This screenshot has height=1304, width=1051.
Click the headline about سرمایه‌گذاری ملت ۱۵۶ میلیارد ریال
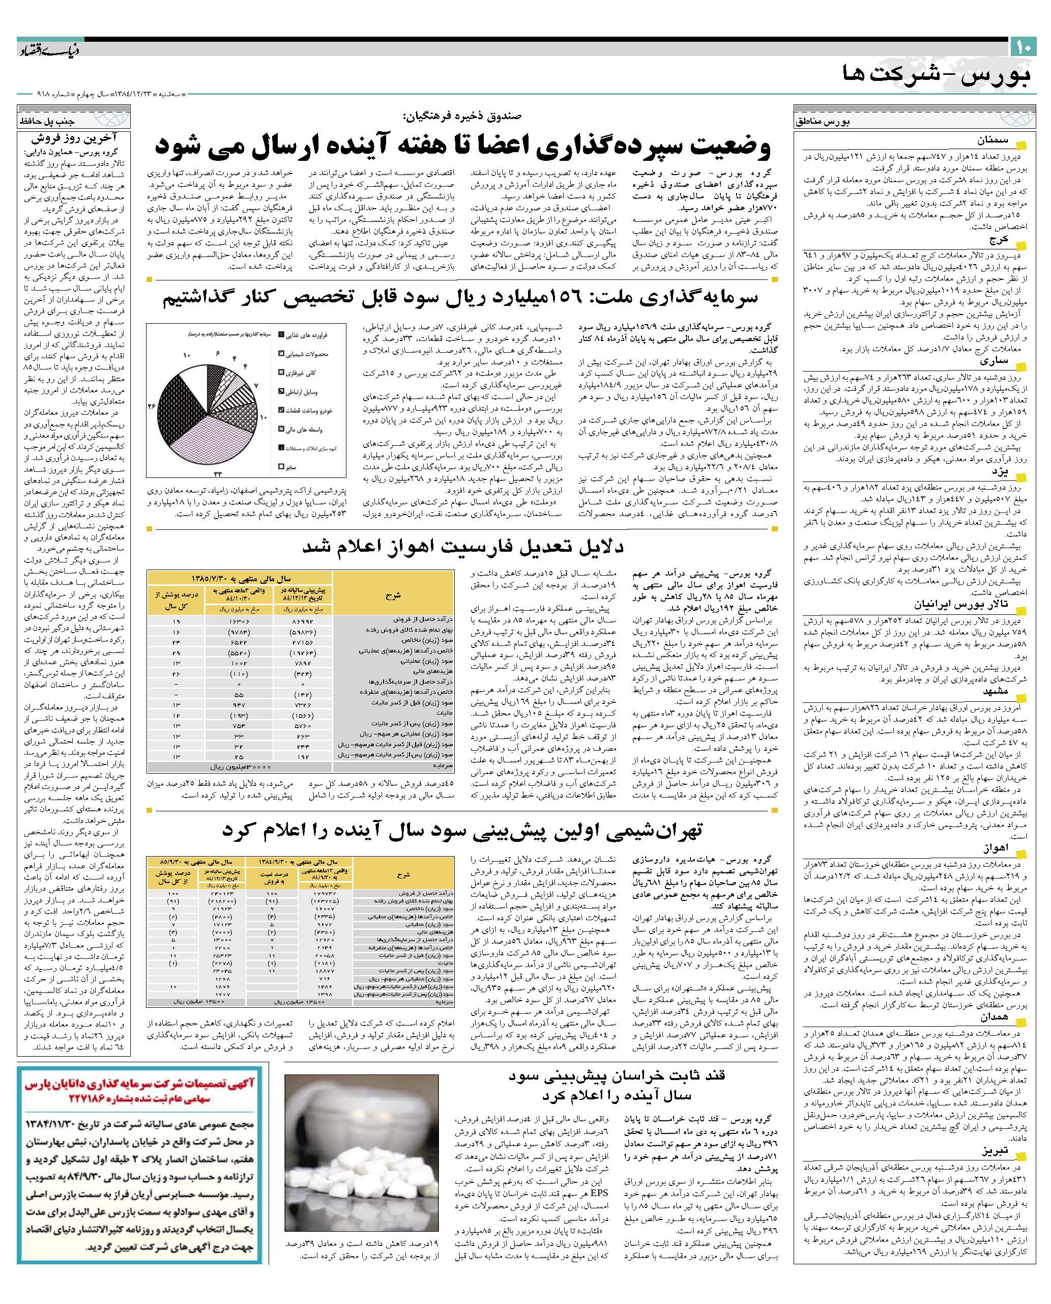tap(460, 297)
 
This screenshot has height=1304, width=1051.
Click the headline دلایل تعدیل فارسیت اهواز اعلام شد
tap(463, 547)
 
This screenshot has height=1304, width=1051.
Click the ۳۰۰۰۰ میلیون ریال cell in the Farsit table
tap(242, 766)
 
